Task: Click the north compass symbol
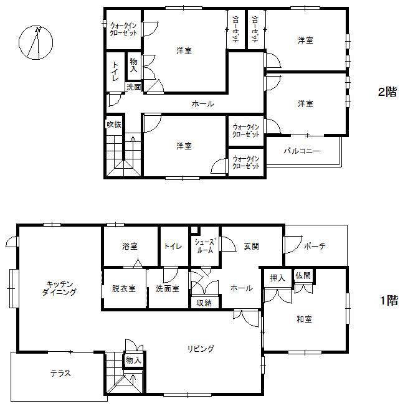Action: [36, 42]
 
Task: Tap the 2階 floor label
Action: [387, 92]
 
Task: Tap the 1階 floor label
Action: [389, 300]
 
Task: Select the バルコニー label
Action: [301, 151]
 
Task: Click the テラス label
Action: [60, 373]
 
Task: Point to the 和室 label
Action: [304, 319]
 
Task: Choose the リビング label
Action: [201, 349]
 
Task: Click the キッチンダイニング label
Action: [60, 288]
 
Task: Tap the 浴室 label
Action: [130, 246]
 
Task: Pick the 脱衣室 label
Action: [124, 288]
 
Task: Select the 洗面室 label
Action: [168, 288]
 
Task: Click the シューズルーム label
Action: [206, 246]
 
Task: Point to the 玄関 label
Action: [251, 246]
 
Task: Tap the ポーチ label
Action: [315, 246]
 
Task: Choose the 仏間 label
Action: [303, 276]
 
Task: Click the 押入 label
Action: [278, 278]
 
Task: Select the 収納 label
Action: [204, 303]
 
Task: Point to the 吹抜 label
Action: [114, 124]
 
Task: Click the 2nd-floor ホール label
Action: [203, 104]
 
